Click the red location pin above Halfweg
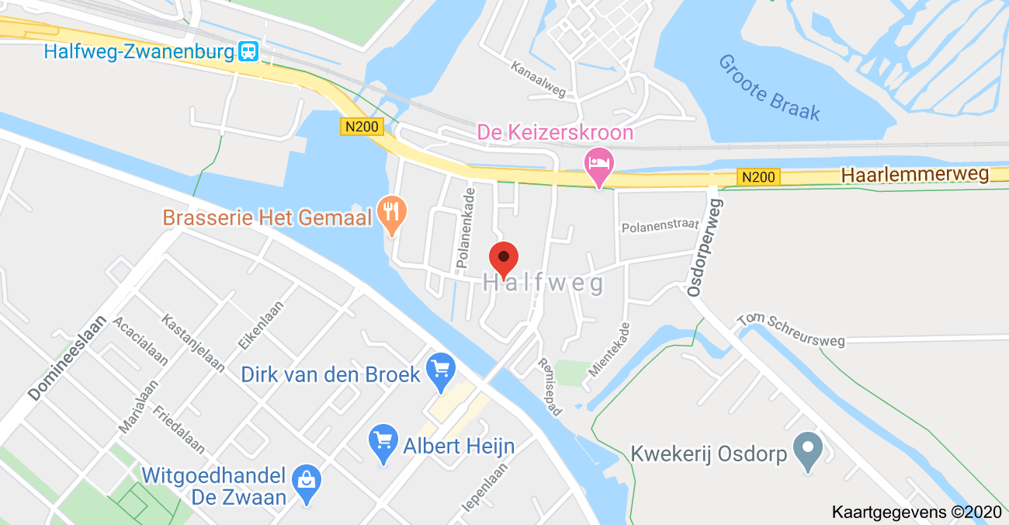coord(504,258)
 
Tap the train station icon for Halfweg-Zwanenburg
coord(249,52)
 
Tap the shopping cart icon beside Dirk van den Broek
coord(442,371)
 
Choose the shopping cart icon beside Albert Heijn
coord(383,443)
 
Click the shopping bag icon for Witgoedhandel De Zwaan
coord(307,482)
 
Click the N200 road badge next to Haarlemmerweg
coord(758,177)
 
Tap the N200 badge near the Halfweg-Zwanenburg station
coord(362,127)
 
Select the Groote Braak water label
coord(768,87)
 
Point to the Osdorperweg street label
coord(705,247)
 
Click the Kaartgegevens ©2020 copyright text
coord(917,513)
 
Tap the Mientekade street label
coord(609,349)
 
